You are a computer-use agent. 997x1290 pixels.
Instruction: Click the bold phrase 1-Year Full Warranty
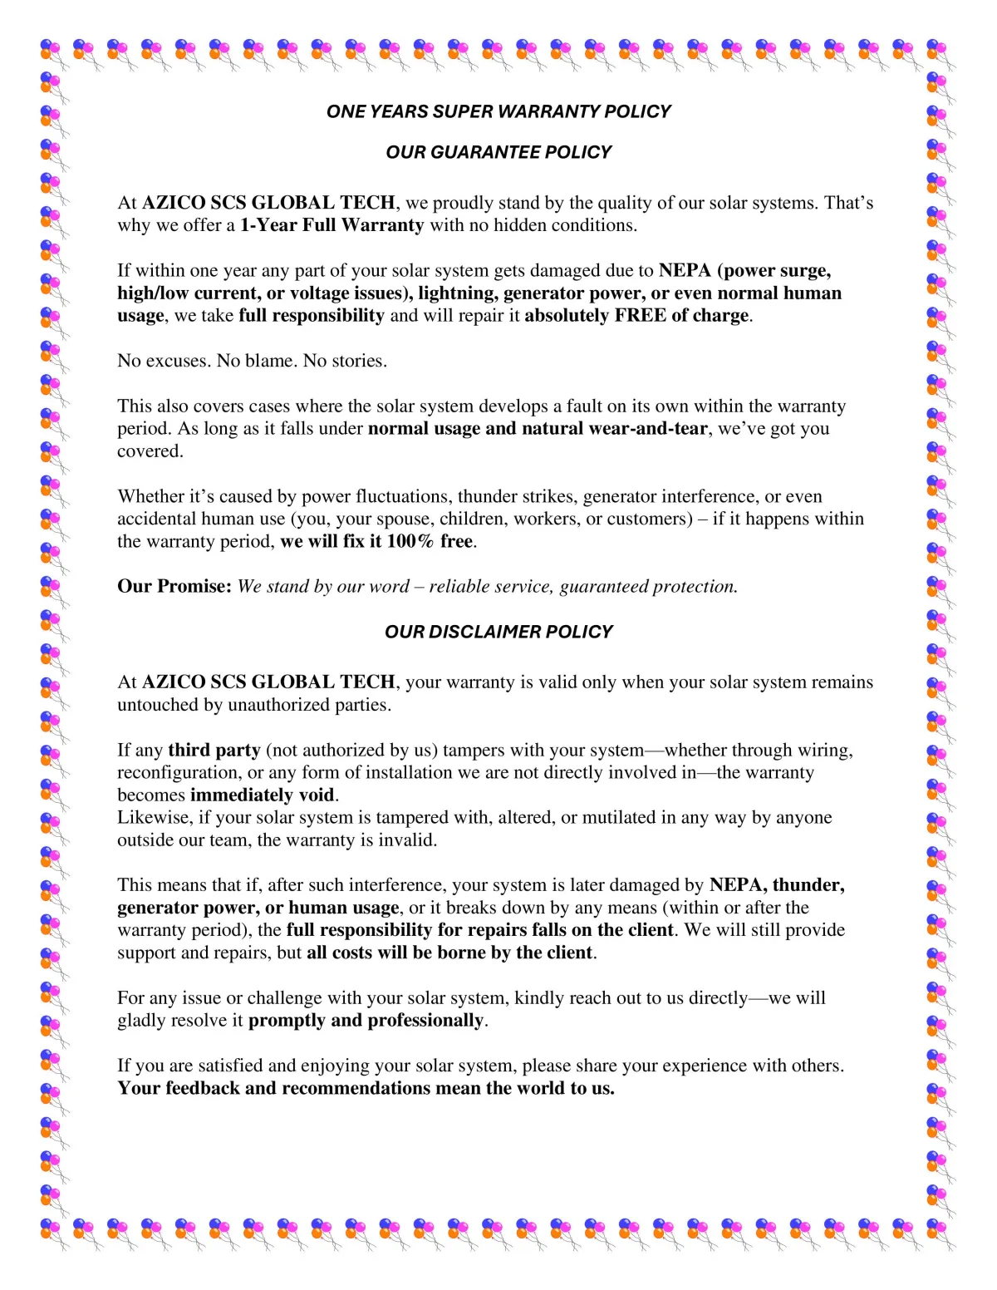[x=332, y=225]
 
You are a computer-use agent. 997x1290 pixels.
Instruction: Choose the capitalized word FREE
[x=641, y=316]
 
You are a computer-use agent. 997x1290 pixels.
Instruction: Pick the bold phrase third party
[x=214, y=751]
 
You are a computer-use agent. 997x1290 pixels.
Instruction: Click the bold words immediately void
[x=263, y=795]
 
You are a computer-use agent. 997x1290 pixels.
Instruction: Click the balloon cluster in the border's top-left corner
[x=51, y=52]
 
